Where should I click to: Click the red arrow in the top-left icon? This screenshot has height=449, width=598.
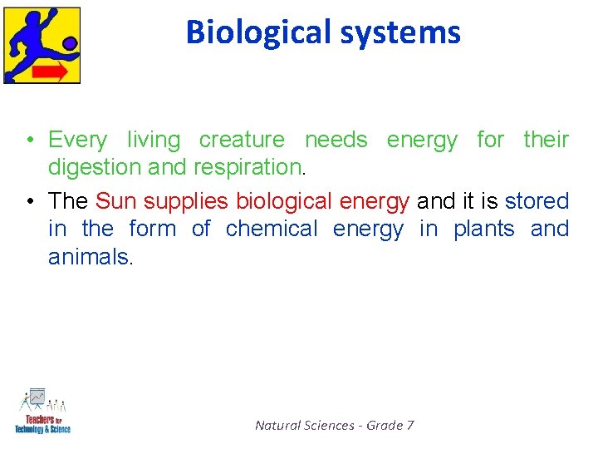51,72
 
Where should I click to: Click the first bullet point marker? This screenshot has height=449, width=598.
28,140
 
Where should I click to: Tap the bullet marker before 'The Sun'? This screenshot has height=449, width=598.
28,201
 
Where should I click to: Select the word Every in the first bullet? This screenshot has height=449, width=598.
78,140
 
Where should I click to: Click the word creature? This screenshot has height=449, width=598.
241,140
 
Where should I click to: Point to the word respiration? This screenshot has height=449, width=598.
248,167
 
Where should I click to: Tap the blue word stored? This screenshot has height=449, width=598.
537,201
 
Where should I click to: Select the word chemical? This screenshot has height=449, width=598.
272,229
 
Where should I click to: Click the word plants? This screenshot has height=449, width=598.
483,229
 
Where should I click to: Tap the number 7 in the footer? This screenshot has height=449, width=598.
409,426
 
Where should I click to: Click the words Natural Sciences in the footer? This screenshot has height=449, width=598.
304,426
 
